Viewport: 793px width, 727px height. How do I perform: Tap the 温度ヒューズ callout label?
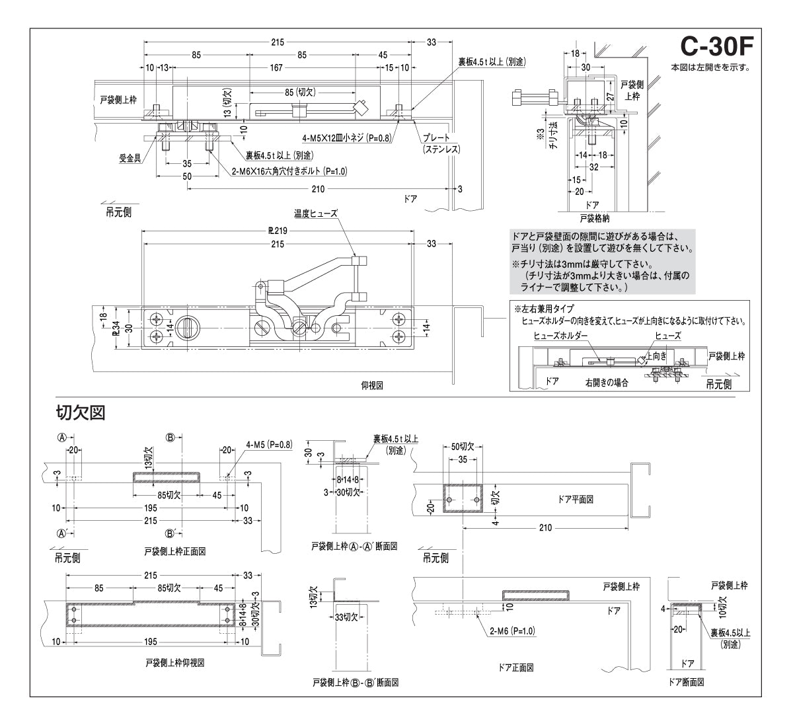tap(316, 213)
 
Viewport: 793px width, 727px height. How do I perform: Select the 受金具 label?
tap(128, 159)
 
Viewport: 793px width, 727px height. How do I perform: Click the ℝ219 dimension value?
tap(276, 231)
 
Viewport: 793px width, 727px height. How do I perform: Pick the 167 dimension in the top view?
tap(276, 67)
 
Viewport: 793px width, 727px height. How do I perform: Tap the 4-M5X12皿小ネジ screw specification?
tap(347, 138)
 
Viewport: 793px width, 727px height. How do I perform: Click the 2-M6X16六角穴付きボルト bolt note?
tap(289, 171)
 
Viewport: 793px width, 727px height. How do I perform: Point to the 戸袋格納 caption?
tap(595, 216)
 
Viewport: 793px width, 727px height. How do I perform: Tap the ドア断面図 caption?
tap(686, 681)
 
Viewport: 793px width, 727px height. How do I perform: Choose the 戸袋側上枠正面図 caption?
tap(174, 551)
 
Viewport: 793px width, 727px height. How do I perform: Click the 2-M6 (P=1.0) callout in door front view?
tap(513, 631)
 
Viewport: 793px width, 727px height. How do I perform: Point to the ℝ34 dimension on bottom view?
tap(115, 327)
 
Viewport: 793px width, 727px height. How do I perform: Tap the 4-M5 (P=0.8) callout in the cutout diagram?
tap(268, 444)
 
